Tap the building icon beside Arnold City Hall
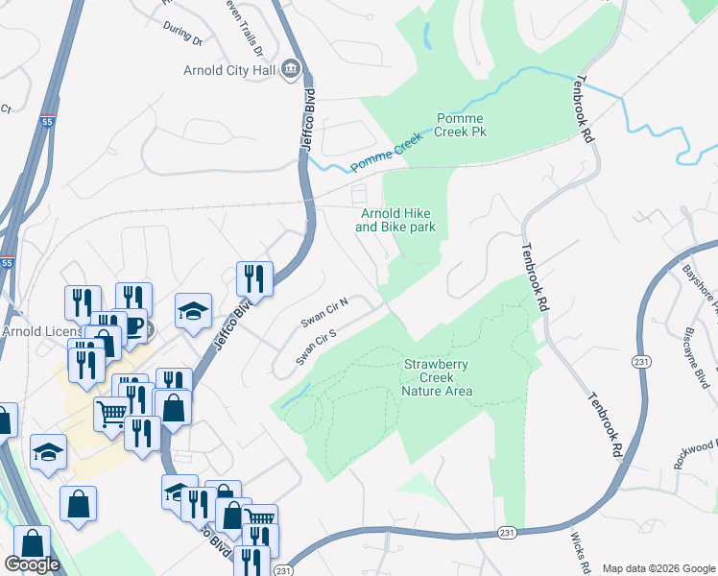293,70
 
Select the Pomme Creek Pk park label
461,124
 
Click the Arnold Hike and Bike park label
395,220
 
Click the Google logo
32,564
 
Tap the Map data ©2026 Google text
658,568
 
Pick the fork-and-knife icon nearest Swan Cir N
254,278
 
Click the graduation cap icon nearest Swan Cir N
193,310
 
